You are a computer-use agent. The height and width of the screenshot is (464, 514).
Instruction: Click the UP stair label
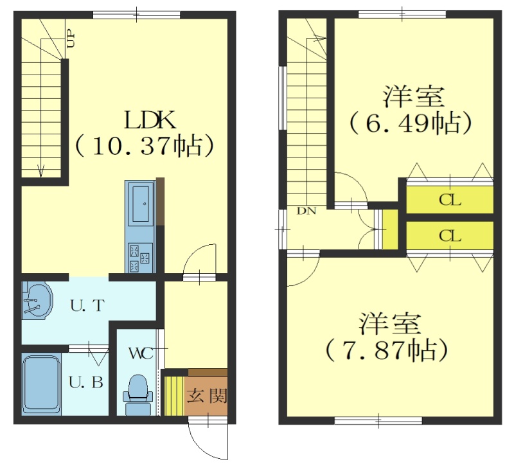[x=71, y=40]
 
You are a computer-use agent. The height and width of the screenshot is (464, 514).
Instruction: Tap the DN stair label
[x=306, y=211]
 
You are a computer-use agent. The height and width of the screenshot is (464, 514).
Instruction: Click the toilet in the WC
[x=139, y=395]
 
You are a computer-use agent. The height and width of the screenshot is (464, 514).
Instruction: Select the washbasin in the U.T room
[x=37, y=300]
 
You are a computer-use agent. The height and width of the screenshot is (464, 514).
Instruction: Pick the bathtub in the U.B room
[x=41, y=384]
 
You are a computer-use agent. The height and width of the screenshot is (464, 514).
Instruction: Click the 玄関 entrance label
[x=207, y=396]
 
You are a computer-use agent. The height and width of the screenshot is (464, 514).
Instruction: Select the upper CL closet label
[x=450, y=200]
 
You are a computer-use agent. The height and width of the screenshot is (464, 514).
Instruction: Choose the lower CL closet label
[x=450, y=235]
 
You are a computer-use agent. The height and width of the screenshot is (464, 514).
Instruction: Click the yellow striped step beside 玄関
[x=174, y=396]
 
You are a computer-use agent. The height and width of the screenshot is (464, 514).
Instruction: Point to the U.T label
[x=87, y=306]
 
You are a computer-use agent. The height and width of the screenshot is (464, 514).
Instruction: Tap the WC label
[x=141, y=353]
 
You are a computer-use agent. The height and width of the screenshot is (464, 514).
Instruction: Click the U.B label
[x=86, y=382]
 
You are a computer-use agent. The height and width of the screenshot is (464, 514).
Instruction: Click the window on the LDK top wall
[x=137, y=15]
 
